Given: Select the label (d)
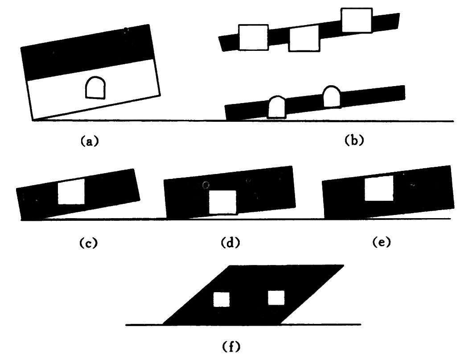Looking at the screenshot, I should (x=231, y=243).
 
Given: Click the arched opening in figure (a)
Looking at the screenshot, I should (x=95, y=88).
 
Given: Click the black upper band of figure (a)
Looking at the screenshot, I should (x=87, y=53).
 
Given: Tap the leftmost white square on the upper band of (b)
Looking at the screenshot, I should (x=254, y=37).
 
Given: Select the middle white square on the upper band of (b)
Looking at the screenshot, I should (x=304, y=39).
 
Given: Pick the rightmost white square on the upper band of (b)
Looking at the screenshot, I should (x=357, y=21).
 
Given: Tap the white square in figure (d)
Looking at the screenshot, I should (x=222, y=202).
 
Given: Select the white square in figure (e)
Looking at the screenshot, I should (x=379, y=188).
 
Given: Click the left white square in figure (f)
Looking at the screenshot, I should (x=221, y=299).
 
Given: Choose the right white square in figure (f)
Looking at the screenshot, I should (x=276, y=298).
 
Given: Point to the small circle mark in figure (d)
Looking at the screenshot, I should (x=205, y=185).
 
